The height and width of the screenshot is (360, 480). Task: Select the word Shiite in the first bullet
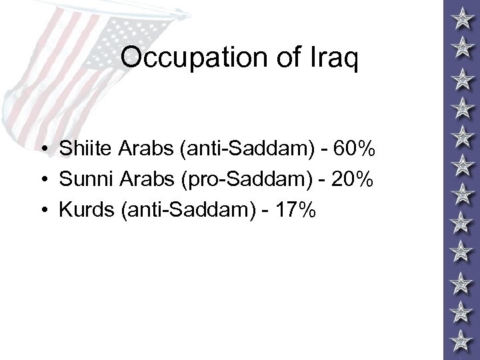pos(85,150)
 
